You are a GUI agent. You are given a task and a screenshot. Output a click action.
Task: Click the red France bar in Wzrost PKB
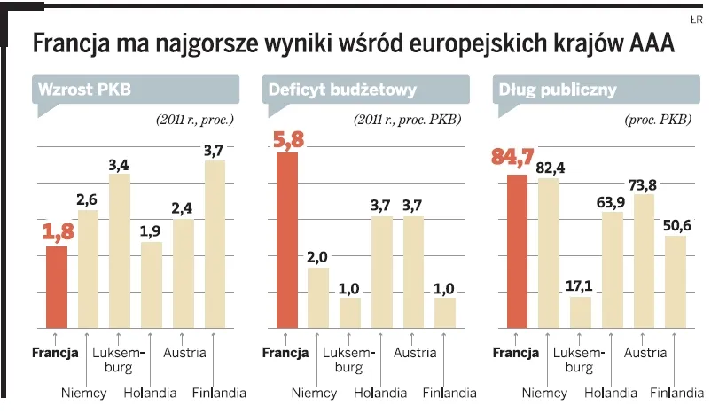pos(57,286)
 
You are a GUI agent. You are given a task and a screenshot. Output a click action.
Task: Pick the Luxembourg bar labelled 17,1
pos(581,311)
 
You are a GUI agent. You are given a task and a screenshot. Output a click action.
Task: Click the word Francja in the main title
pos(74,43)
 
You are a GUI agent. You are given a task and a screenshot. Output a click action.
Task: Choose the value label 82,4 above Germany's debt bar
pos(549,168)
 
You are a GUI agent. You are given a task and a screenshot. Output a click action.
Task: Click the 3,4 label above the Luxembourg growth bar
pos(119,164)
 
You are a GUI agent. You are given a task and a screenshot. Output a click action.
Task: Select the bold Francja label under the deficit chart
pos(286,353)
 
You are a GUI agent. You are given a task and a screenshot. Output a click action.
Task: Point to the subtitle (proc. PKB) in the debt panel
pos(660,119)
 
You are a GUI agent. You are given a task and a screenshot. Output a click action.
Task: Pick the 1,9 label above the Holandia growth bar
pos(151,230)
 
